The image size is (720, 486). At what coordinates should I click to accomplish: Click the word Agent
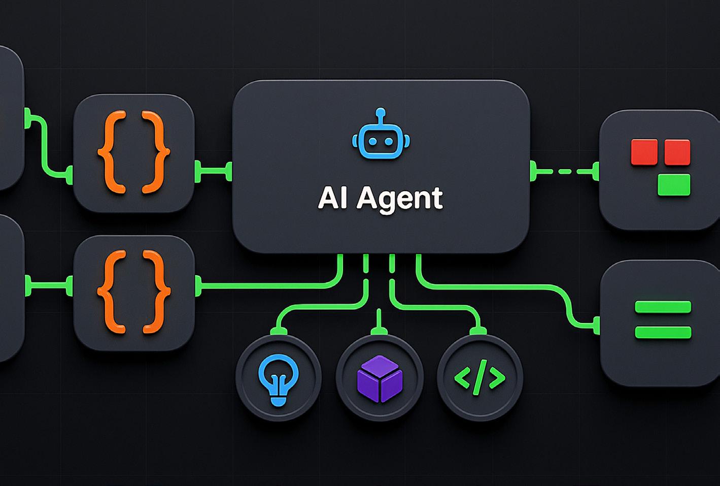pyautogui.click(x=400, y=199)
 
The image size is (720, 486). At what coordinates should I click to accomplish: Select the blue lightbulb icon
pyautogui.click(x=278, y=378)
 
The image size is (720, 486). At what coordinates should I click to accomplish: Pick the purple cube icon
pyautogui.click(x=380, y=378)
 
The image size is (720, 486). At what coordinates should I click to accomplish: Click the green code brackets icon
pyautogui.click(x=479, y=377)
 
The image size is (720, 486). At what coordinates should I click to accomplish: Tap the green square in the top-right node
pyautogui.click(x=674, y=185)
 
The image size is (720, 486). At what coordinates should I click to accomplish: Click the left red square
pyautogui.click(x=644, y=152)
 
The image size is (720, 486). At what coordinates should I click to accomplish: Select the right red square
pyautogui.click(x=677, y=152)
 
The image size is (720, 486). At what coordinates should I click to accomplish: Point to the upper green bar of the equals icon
pyautogui.click(x=663, y=307)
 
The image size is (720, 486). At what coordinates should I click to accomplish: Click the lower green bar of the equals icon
pyautogui.click(x=663, y=333)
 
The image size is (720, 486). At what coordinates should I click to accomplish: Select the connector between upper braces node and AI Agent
pyautogui.click(x=213, y=171)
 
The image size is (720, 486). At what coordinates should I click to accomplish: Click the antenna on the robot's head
pyautogui.click(x=381, y=115)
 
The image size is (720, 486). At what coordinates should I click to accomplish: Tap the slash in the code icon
pyautogui.click(x=480, y=377)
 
